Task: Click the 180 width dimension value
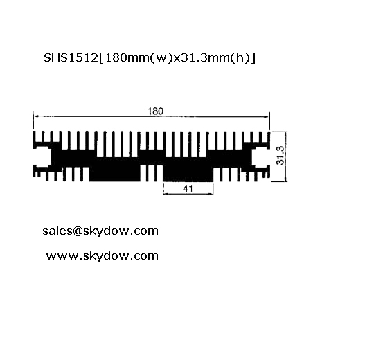[155, 111]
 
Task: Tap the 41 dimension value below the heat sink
[188, 188]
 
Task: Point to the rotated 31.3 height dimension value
[280, 155]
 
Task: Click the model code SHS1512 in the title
[71, 58]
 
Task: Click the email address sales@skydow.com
[100, 231]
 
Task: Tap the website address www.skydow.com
[103, 256]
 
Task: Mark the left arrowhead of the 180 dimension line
[35, 116]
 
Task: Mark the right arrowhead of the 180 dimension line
[267, 116]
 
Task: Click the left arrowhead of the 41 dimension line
[166, 194]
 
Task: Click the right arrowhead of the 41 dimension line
[211, 194]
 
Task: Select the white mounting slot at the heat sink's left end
[42, 156]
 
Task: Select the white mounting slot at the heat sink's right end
[261, 156]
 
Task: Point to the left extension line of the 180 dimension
[33, 120]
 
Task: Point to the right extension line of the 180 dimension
[269, 121]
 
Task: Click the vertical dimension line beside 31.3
[286, 156]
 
